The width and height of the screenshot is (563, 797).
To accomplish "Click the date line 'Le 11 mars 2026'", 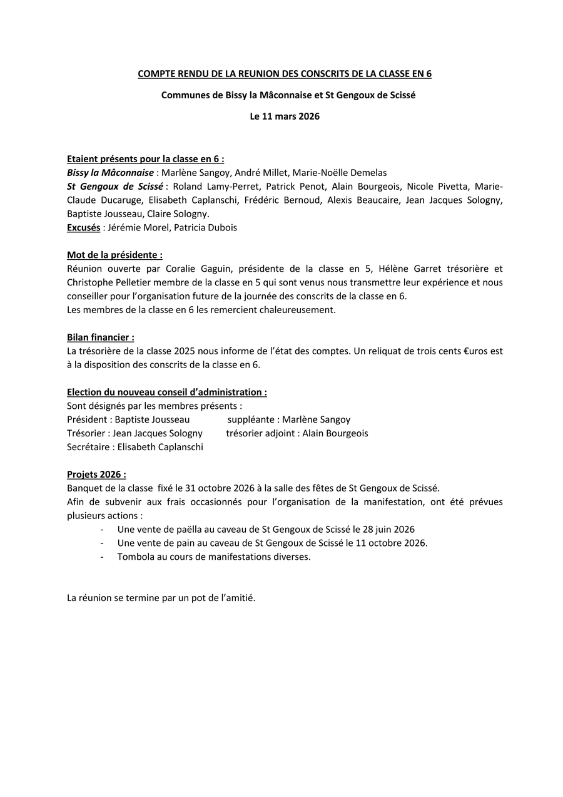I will [285, 116].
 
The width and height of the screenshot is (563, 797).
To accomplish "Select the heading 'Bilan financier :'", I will [100, 337].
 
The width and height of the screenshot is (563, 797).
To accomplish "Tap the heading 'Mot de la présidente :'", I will [114, 255].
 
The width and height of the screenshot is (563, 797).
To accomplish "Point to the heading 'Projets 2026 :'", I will [96, 474].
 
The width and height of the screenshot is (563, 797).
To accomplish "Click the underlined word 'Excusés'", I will [84, 227].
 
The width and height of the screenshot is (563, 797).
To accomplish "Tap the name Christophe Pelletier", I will [106, 282].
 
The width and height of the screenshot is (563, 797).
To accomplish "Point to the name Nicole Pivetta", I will [437, 186].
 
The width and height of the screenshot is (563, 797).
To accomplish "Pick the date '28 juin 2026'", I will [388, 529].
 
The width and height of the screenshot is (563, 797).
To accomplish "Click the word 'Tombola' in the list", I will [134, 557].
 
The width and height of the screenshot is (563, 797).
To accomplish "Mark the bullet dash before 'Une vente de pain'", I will [102, 543].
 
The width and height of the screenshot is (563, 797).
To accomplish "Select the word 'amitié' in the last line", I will [240, 598].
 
